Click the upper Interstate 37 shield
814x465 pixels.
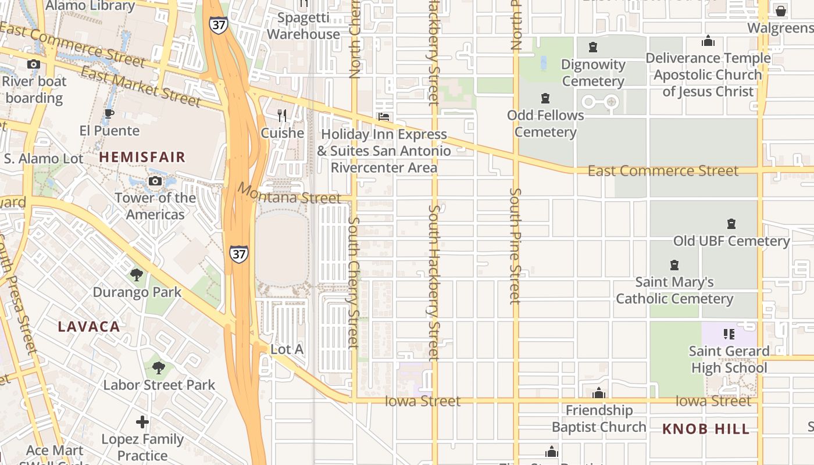pos(218,25)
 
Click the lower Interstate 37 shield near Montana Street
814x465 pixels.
pos(238,254)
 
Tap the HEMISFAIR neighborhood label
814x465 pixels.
pos(142,157)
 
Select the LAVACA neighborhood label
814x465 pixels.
pos(89,327)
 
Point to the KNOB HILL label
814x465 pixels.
pos(706,430)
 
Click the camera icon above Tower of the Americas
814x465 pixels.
pos(155,181)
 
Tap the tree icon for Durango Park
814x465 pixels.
pos(137,274)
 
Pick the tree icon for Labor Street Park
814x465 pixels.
pos(158,367)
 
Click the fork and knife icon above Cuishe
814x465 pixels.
pos(283,116)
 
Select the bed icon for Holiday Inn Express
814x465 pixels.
pos(384,117)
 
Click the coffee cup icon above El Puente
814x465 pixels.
pos(109,113)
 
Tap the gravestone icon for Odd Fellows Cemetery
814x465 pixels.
pos(545,98)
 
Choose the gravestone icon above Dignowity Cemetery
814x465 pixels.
pos(593,47)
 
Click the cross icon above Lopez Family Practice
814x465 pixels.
pos(142,422)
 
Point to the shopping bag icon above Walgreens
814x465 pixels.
pos(780,10)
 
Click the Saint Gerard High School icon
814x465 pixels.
pos(729,334)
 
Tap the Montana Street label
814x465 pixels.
pos(288,194)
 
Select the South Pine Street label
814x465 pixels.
pos(515,246)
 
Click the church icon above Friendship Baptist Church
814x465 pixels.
pos(599,394)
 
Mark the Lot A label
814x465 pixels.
pos(287,349)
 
